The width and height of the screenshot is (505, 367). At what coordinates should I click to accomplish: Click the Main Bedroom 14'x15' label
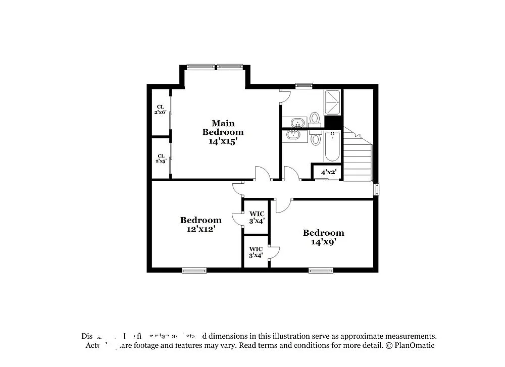223,132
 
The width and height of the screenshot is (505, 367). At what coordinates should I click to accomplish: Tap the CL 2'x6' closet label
161,109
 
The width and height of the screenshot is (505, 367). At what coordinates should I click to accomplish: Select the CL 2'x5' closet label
161,159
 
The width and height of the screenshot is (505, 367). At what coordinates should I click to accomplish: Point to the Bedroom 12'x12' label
200,224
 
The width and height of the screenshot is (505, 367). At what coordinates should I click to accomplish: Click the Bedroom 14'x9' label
323,237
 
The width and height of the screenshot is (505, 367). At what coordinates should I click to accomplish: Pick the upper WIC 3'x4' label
257,217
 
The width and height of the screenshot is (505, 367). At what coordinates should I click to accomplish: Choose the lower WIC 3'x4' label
256,252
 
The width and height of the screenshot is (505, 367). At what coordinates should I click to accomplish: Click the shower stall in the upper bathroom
333,102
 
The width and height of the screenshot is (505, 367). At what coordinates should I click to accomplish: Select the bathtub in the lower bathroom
333,146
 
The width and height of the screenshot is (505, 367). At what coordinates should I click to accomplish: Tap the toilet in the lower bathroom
316,138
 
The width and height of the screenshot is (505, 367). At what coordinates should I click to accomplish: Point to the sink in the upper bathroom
298,122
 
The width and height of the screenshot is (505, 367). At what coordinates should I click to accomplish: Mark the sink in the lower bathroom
292,135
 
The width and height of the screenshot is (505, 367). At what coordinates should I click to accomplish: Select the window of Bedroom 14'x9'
321,270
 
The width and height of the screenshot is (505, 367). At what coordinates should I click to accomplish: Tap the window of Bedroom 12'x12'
194,270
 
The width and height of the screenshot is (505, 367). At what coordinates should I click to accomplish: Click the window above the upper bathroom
304,86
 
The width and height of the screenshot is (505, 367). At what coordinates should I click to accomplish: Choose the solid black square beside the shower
333,122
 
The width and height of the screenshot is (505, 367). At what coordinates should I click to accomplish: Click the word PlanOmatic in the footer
414,346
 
